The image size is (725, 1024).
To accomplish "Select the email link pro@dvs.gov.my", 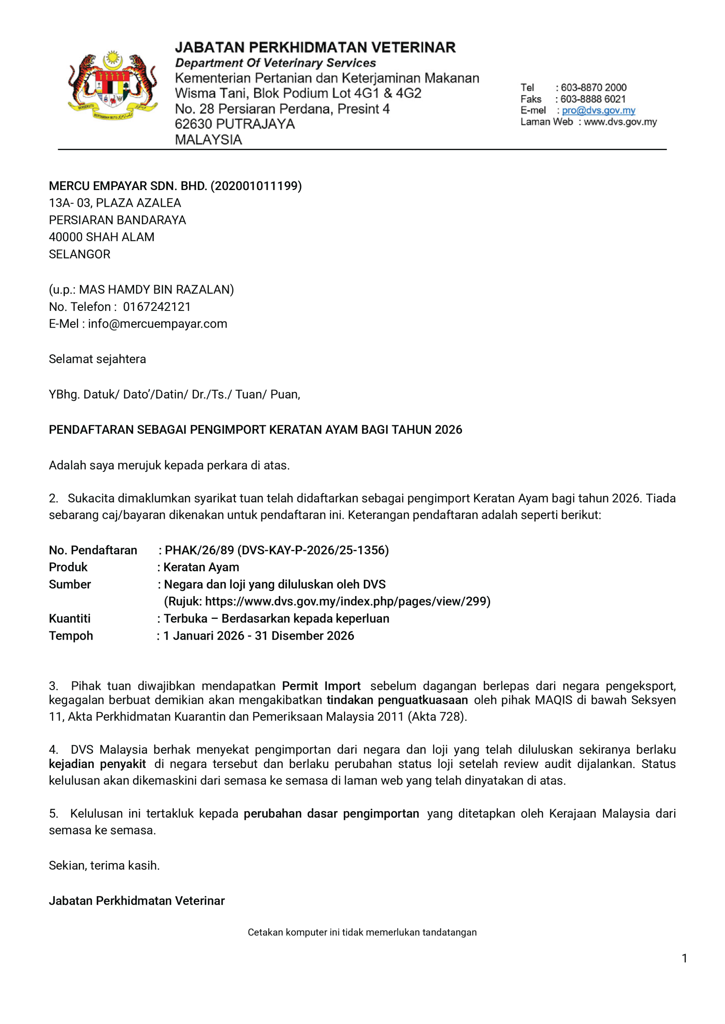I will [x=598, y=110].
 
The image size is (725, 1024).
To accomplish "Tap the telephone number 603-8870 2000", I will [x=593, y=88].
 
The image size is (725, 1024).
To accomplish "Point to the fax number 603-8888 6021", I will [x=593, y=99].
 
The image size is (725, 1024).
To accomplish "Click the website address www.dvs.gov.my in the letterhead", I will [x=620, y=122].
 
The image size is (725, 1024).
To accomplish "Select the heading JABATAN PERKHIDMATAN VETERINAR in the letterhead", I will [x=315, y=47].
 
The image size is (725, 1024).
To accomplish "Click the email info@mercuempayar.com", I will [x=157, y=324].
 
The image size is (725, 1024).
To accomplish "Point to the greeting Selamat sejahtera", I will [x=97, y=359].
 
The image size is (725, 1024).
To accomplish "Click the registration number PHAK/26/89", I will [x=199, y=550].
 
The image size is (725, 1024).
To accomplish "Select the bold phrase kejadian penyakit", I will [x=97, y=764].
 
